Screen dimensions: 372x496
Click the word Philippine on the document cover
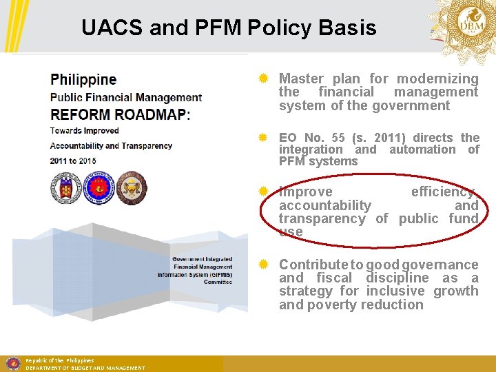pos(83,80)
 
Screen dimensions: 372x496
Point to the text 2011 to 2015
pos(73,161)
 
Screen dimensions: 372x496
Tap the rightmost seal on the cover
pos(131,188)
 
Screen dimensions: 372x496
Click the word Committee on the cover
pos(218,282)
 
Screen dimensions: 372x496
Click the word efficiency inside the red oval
pos(444,192)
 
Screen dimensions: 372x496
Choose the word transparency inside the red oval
pos(322,218)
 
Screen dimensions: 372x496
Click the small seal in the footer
pos(12,363)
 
